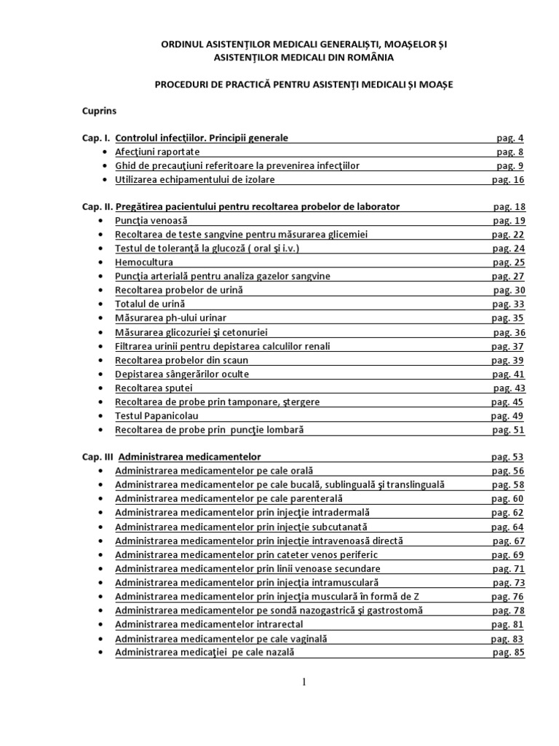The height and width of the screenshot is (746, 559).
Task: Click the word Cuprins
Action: coord(100,111)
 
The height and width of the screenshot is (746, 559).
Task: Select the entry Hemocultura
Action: coord(144,262)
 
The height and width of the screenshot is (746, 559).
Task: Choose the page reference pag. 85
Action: coord(508,652)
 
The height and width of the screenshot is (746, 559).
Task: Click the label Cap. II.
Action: coord(96,206)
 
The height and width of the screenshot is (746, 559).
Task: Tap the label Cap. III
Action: coord(98,457)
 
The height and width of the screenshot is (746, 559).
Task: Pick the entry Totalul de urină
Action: coord(150,304)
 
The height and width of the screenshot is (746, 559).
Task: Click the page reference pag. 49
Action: coord(507,415)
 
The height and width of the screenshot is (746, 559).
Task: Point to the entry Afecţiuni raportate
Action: coord(157,152)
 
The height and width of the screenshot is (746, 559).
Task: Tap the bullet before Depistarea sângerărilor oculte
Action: coord(99,374)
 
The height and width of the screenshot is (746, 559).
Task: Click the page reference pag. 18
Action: coord(509,206)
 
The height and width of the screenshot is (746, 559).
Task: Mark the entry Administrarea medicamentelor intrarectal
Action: coord(209,624)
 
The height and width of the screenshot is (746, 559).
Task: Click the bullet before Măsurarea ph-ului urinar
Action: coord(99,318)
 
